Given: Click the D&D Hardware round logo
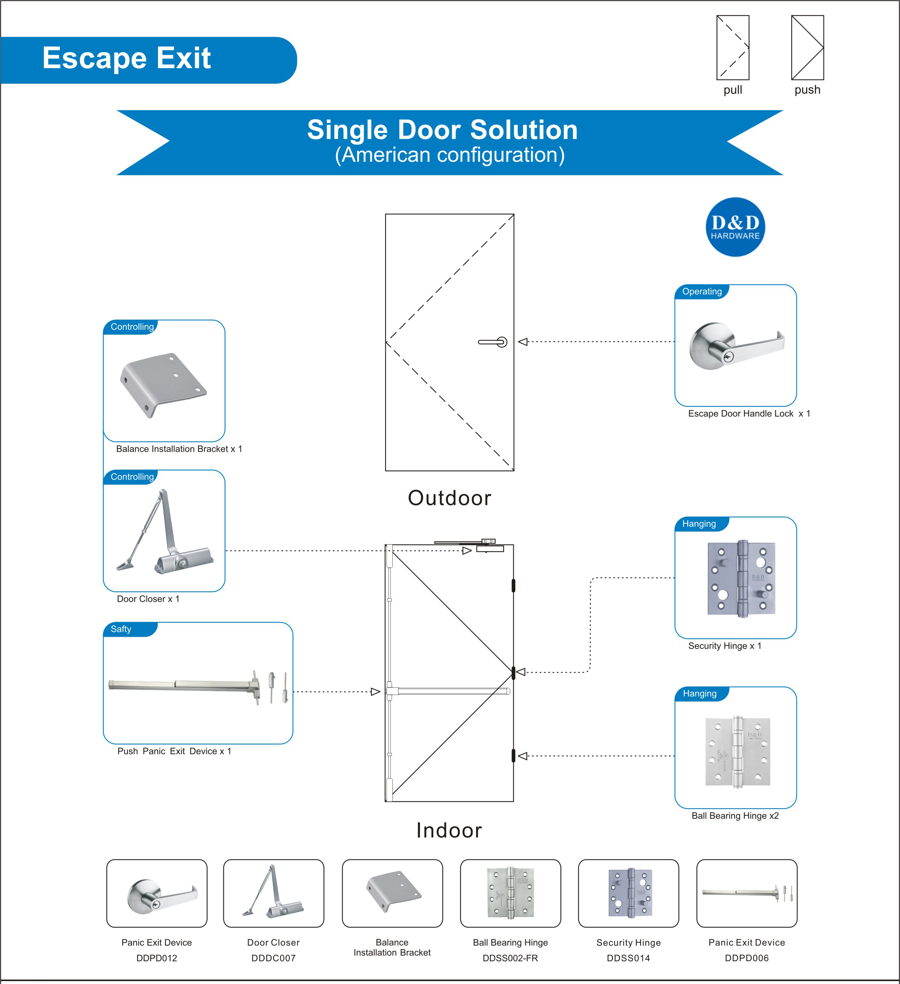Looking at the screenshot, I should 735,227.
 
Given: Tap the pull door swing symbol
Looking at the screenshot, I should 732,47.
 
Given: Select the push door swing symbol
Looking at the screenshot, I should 807,47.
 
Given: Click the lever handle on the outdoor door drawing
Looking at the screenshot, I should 493,342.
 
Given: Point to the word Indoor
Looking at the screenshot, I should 449,830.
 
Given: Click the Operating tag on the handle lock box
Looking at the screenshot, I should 701,292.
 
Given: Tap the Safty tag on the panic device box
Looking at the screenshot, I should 121,629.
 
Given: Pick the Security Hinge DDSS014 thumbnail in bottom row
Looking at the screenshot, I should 628,893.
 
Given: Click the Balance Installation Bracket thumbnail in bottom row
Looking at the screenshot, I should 392,893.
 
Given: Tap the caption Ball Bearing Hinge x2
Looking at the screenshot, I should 735,816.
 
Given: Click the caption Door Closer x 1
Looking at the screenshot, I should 148,599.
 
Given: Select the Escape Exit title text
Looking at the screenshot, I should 127,58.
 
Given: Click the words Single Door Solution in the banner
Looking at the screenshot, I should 442,130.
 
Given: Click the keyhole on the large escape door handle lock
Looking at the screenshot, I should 728,357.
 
